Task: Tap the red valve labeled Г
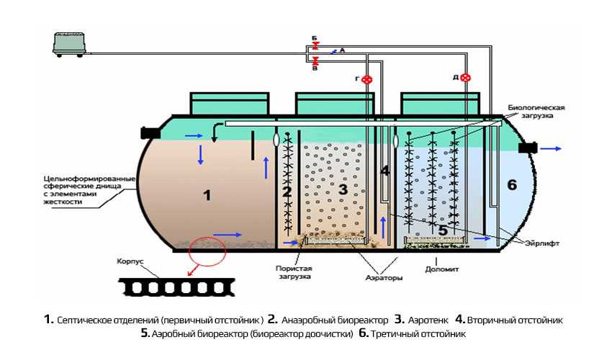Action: pyautogui.click(x=367, y=79)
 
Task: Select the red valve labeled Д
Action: pyautogui.click(x=466, y=78)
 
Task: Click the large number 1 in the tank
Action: pyautogui.click(x=207, y=194)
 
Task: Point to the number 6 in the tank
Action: pyautogui.click(x=512, y=185)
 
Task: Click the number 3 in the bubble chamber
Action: pyautogui.click(x=343, y=189)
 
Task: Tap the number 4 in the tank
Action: pyautogui.click(x=385, y=171)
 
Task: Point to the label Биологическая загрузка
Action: pyautogui.click(x=536, y=112)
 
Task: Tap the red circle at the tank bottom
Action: pyautogui.click(x=207, y=251)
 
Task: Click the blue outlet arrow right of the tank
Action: pyautogui.click(x=553, y=148)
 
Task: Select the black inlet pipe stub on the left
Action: pyautogui.click(x=150, y=133)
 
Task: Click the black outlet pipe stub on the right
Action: pyautogui.click(x=529, y=148)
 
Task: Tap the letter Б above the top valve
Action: pyautogui.click(x=315, y=37)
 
